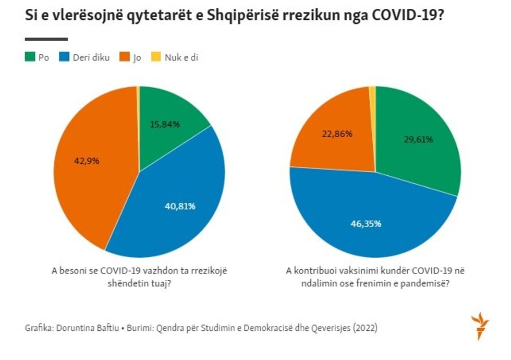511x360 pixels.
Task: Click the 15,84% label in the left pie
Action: click(x=165, y=124)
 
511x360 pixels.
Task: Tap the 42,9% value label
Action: click(x=87, y=160)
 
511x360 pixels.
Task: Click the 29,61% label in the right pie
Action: click(x=419, y=139)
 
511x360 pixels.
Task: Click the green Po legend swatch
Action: click(x=30, y=57)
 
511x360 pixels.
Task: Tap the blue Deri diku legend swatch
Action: click(x=65, y=57)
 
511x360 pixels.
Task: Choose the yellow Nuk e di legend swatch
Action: click(x=155, y=57)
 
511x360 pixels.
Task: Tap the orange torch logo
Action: click(x=480, y=326)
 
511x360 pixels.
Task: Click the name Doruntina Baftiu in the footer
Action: click(x=84, y=329)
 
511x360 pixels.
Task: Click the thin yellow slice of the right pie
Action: click(x=372, y=92)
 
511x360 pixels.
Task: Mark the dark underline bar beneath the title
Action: click(x=46, y=39)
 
